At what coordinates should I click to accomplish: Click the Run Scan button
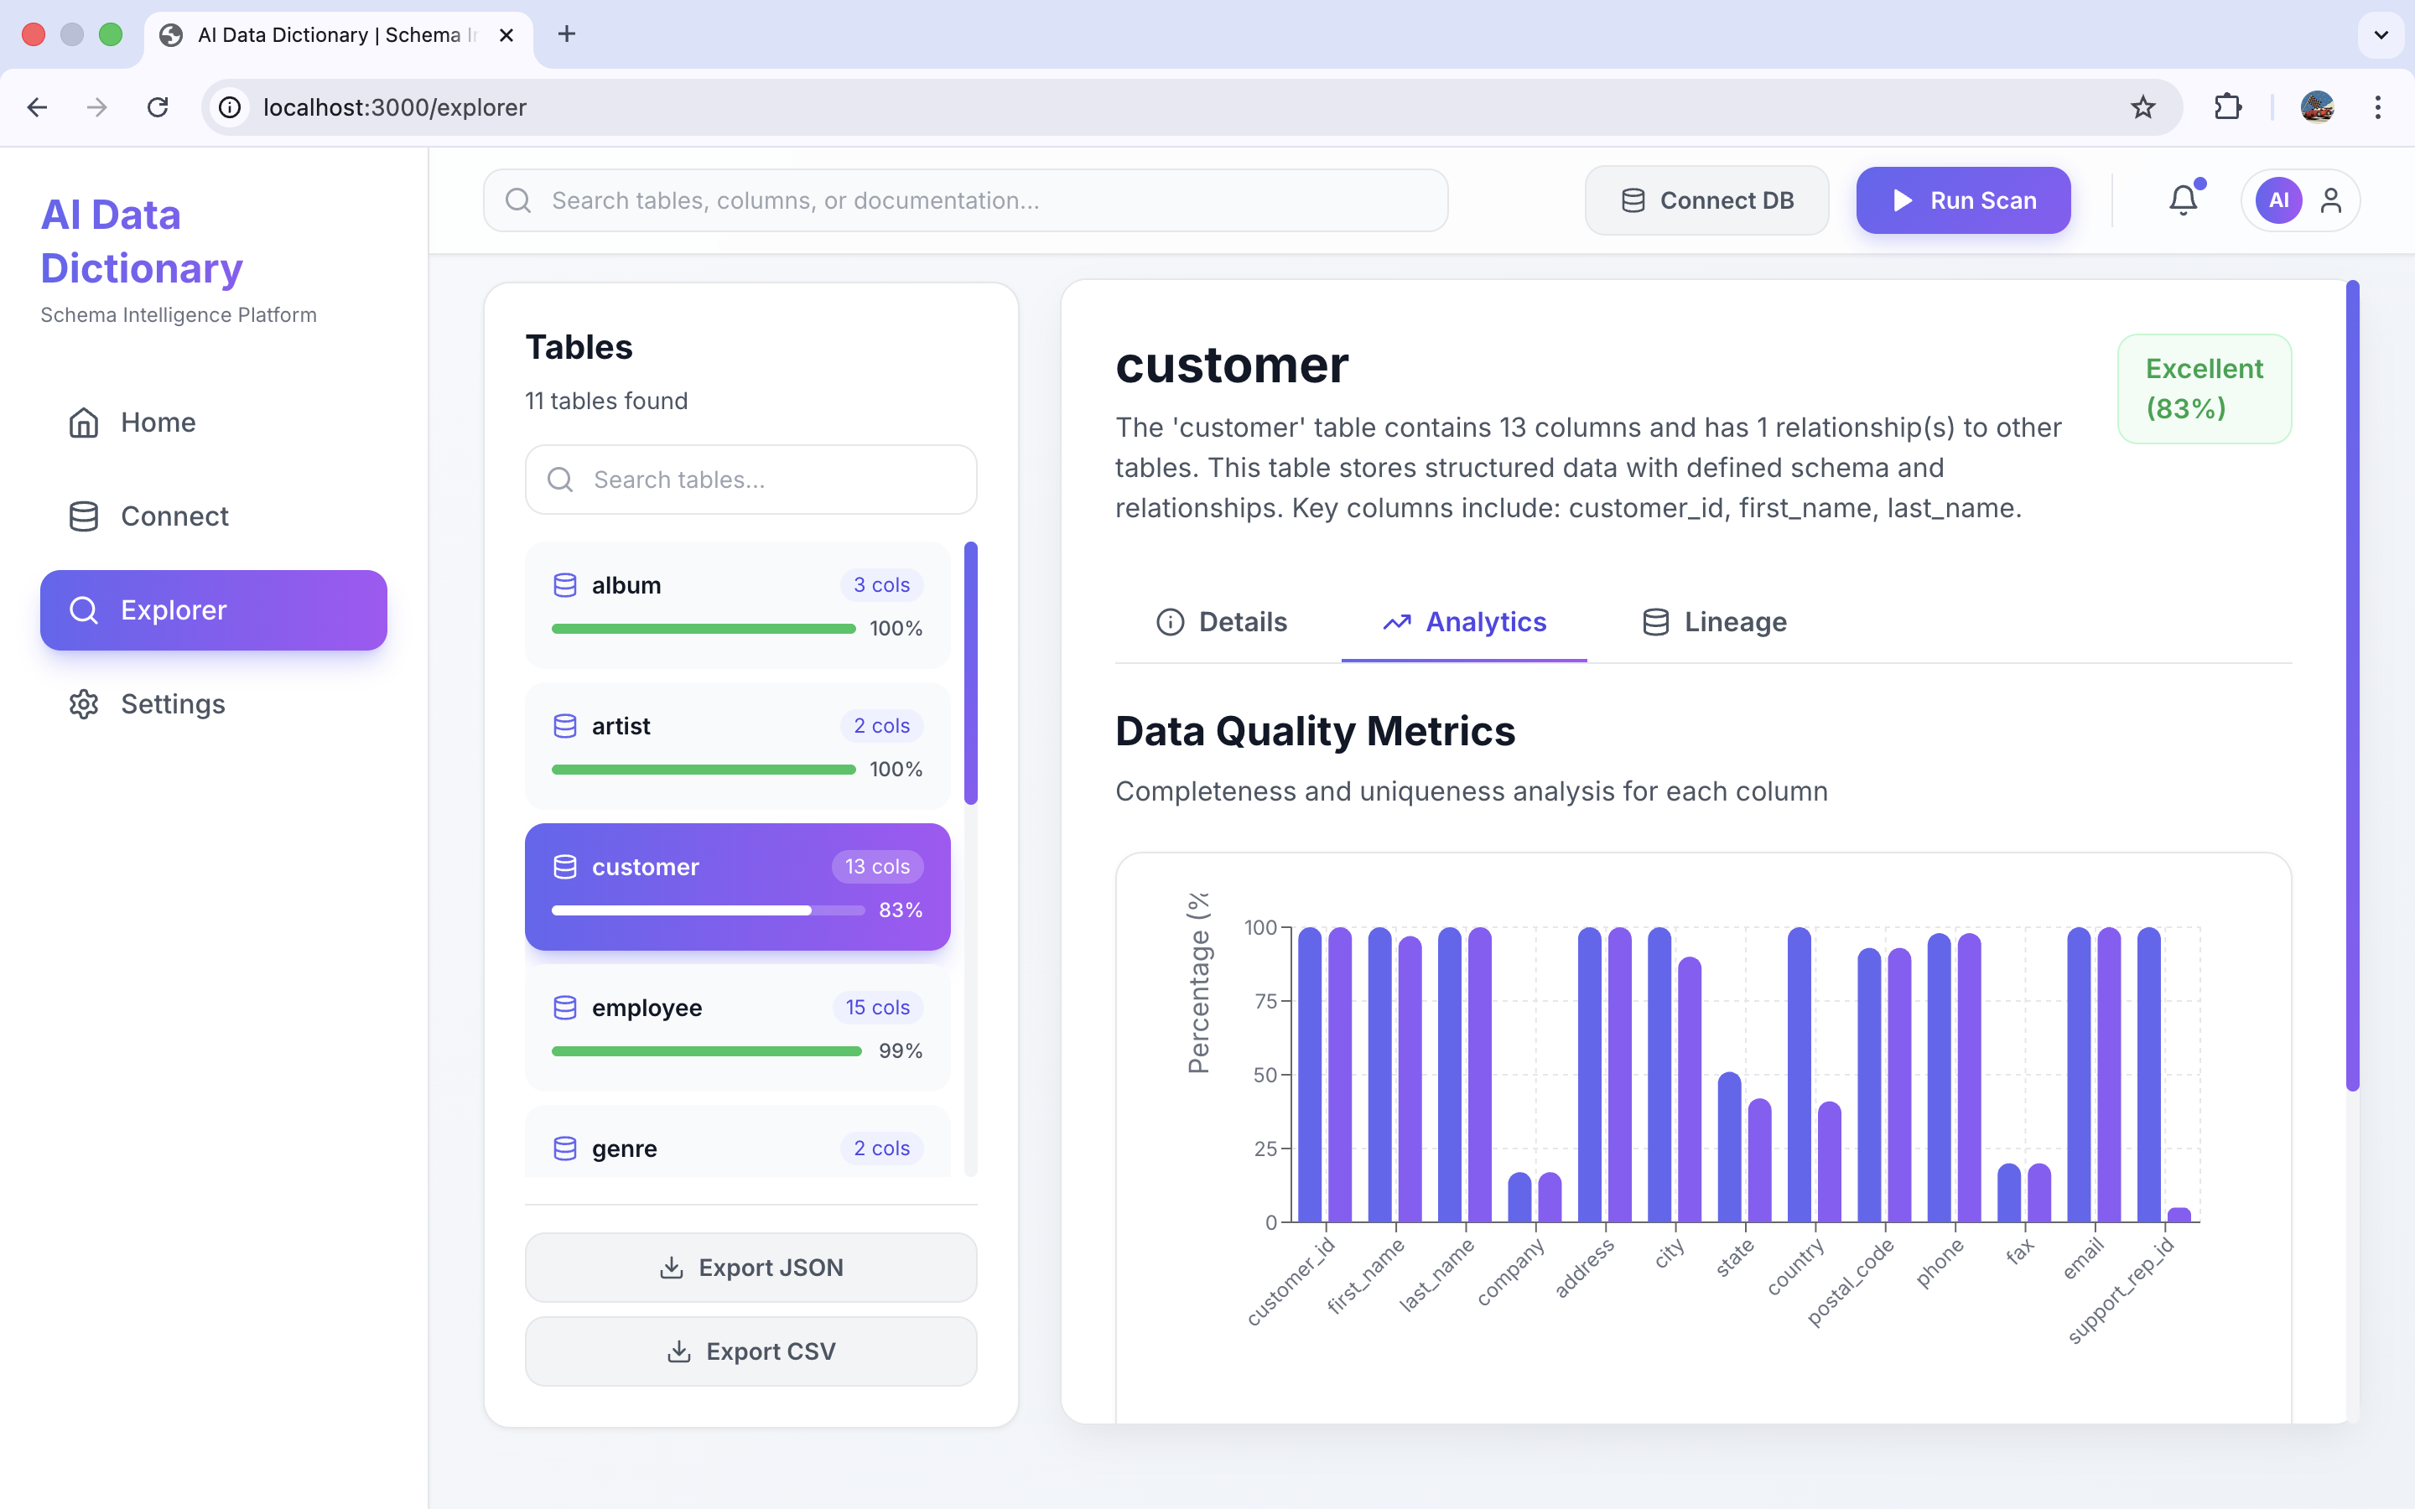tap(1962, 200)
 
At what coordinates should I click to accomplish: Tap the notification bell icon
tap(2183, 200)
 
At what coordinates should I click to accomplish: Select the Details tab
tap(1222, 622)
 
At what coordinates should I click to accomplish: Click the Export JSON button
tap(750, 1268)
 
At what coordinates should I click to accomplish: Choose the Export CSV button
tap(750, 1351)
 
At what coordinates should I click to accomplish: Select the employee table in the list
tap(736, 1026)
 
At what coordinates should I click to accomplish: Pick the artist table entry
tap(736, 744)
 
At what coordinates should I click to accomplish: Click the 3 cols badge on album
tap(880, 585)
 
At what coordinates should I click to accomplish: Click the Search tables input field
tap(750, 480)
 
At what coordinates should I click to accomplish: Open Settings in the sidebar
tap(172, 703)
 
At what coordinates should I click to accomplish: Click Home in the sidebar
tap(158, 423)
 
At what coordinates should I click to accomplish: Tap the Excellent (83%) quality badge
tap(2204, 388)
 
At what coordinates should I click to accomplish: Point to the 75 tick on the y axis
tap(1265, 1001)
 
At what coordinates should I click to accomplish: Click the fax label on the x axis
tap(2020, 1252)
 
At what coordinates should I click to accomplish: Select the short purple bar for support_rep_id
tap(2179, 1215)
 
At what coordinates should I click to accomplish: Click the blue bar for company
tap(1519, 1198)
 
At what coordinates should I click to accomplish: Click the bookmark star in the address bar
tap(2142, 106)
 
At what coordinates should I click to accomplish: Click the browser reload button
tap(158, 106)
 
